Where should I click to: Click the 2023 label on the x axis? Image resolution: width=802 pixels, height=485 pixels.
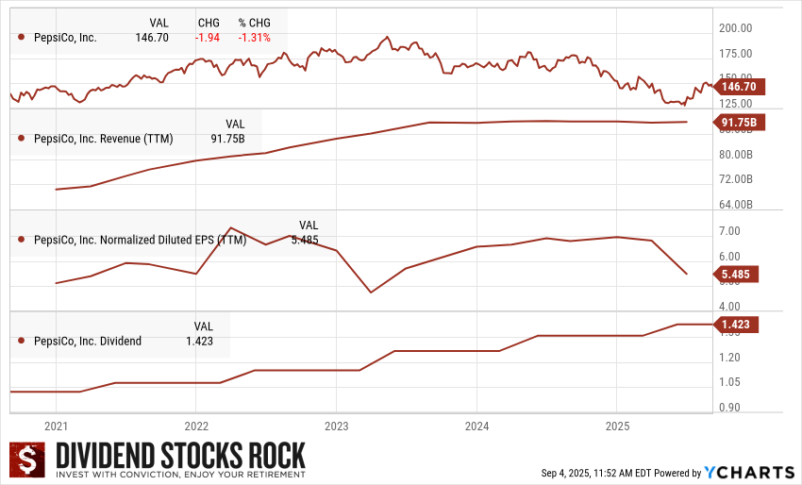tap(337, 426)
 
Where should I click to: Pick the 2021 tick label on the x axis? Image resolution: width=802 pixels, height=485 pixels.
tap(56, 426)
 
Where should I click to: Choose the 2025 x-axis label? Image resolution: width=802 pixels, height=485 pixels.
tap(616, 426)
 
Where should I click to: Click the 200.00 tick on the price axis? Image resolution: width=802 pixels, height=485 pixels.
tap(735, 28)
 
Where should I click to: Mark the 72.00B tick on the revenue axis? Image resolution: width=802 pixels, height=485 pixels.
tap(735, 179)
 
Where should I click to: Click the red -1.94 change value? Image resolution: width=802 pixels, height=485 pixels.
tap(208, 38)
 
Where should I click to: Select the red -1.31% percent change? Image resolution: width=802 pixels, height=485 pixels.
tap(254, 38)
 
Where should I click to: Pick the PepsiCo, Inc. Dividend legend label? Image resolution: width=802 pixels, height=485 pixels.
tap(87, 341)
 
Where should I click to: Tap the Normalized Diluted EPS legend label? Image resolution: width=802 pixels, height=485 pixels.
tap(140, 240)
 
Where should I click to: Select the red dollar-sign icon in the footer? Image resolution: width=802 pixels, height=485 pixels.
tap(27, 460)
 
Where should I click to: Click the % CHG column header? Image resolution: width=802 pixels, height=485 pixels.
tap(254, 22)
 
